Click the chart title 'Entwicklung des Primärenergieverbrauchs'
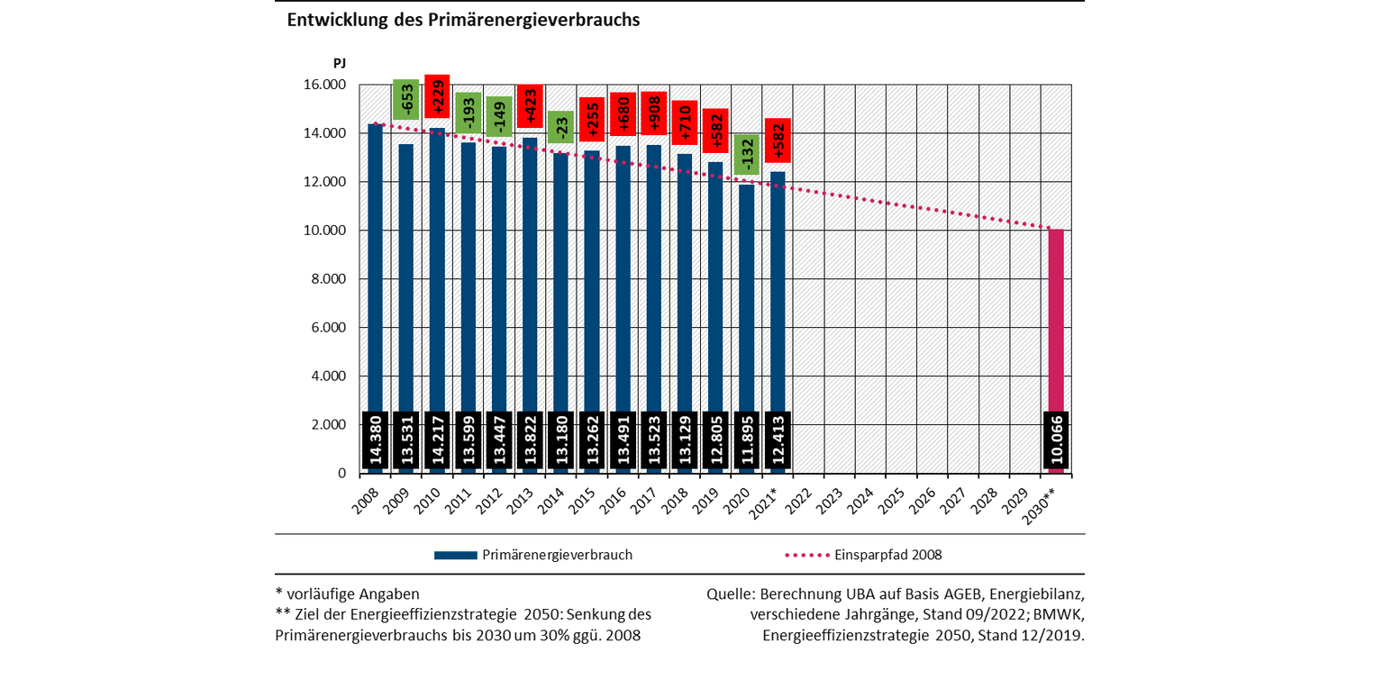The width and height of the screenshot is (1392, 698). pos(463,20)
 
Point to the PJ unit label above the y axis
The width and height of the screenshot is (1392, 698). pos(339,63)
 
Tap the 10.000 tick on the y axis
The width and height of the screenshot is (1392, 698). pos(322,231)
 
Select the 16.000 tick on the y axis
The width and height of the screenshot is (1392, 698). pos(322,85)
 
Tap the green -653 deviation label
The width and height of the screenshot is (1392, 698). pos(405,99)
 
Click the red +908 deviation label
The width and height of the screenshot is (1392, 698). pos(654,113)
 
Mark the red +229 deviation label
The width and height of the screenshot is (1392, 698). pos(437,96)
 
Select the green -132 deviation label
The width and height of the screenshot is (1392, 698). pos(747,154)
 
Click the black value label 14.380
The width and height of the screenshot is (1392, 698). pos(375,442)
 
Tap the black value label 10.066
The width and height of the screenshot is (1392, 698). pos(1055,442)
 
